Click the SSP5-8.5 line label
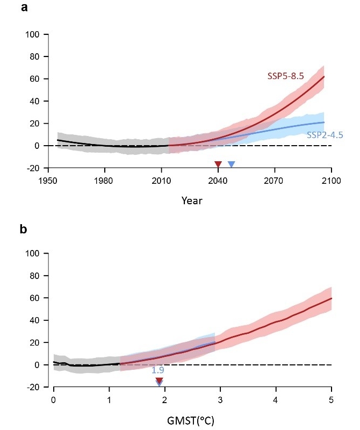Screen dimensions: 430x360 coord(286,76)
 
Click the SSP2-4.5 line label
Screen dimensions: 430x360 coord(325,135)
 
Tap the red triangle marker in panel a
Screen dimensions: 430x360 coord(218,164)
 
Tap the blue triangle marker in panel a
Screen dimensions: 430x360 coord(231,164)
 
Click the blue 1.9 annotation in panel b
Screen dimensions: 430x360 coord(157,371)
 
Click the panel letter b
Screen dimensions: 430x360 coord(24,230)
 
